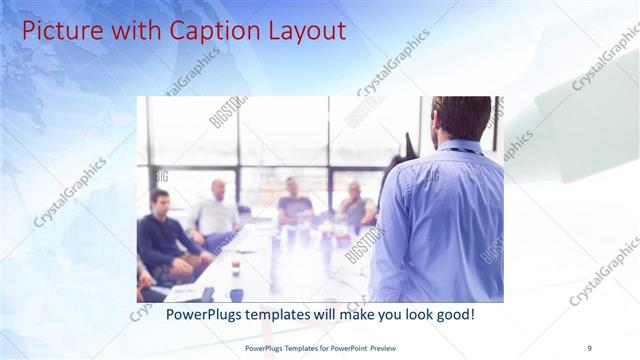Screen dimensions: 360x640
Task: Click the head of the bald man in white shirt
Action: [218, 188]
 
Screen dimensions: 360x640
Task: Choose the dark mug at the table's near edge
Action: [237, 294]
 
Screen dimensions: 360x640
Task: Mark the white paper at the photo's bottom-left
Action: [186, 291]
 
